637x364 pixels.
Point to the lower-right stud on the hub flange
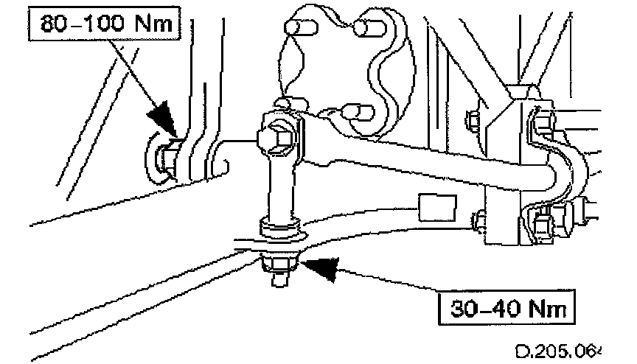click(x=361, y=113)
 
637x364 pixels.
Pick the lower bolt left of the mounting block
click(x=479, y=220)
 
